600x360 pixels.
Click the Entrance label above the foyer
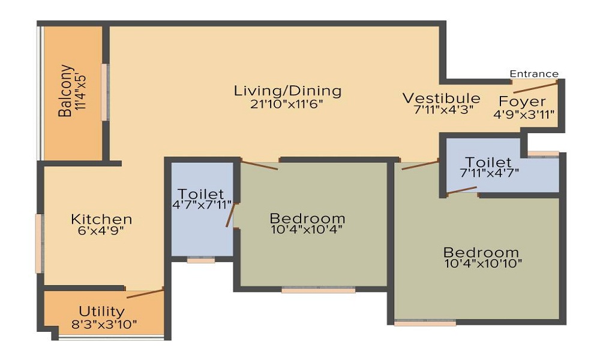(x=534, y=74)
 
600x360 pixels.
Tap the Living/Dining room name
(x=287, y=91)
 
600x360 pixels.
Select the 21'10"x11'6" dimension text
(x=287, y=104)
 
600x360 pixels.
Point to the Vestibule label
(x=441, y=98)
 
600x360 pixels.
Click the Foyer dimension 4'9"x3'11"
(x=524, y=113)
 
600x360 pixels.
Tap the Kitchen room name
(x=101, y=219)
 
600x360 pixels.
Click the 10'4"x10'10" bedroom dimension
(x=483, y=263)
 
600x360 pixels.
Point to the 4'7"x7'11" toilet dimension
(x=202, y=205)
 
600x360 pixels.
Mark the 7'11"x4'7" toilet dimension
(x=489, y=173)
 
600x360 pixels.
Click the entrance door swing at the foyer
(x=540, y=85)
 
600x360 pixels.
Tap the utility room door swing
(x=145, y=293)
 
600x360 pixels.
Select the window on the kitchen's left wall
(x=39, y=244)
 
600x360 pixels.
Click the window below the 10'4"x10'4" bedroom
(x=318, y=290)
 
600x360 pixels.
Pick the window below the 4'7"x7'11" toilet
(x=201, y=260)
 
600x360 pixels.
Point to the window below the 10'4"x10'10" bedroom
(x=425, y=323)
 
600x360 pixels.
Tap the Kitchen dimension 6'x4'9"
(x=101, y=230)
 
